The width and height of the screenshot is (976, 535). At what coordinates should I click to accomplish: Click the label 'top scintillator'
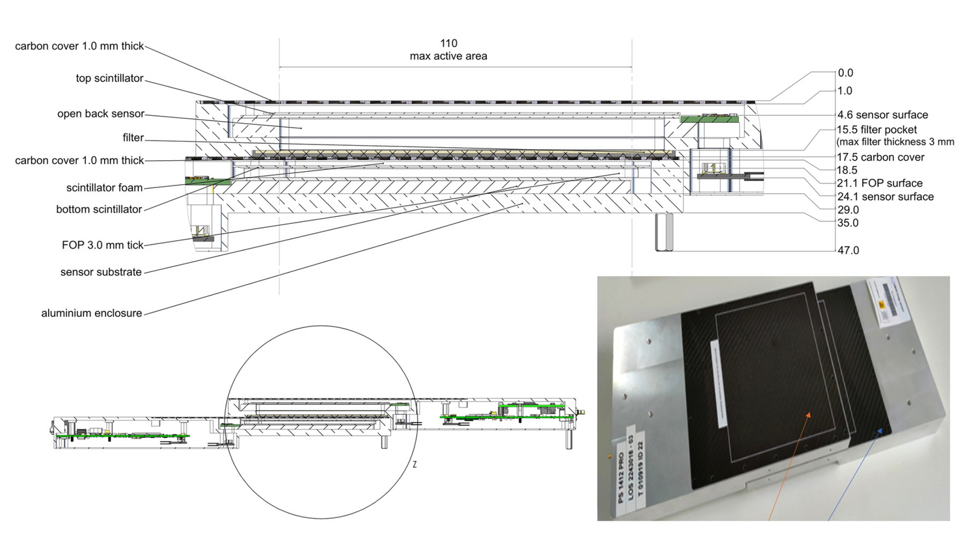click(109, 78)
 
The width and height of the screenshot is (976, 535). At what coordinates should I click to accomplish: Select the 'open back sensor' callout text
click(101, 114)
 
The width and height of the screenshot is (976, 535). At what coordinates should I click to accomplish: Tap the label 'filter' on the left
click(133, 138)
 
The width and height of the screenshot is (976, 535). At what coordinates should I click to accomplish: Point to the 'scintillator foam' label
click(104, 188)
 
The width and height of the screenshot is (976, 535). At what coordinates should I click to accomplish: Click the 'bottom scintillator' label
click(99, 210)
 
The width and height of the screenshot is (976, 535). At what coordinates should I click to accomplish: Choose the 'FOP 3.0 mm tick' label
click(102, 245)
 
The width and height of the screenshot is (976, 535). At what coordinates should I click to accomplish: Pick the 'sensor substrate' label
click(101, 272)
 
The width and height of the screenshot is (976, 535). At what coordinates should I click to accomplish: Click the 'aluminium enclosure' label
click(92, 313)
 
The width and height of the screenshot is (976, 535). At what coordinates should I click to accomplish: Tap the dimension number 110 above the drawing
click(448, 44)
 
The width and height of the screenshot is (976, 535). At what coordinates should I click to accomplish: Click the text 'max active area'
click(448, 57)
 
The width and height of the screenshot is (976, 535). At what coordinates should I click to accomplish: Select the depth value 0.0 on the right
click(845, 74)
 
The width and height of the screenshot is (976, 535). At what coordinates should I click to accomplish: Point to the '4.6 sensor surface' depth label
click(882, 115)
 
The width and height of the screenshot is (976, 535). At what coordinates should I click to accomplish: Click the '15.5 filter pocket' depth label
click(876, 130)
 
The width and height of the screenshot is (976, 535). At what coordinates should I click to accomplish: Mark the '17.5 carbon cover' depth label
click(880, 158)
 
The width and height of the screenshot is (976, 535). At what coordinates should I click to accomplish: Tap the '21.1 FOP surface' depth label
click(880, 184)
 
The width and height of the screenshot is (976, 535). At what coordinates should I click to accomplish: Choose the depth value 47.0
click(848, 251)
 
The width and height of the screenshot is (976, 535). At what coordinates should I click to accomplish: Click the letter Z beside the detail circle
click(414, 465)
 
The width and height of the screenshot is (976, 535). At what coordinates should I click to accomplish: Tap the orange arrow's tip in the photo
click(810, 413)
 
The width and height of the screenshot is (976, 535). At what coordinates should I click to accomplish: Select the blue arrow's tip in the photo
click(883, 429)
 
